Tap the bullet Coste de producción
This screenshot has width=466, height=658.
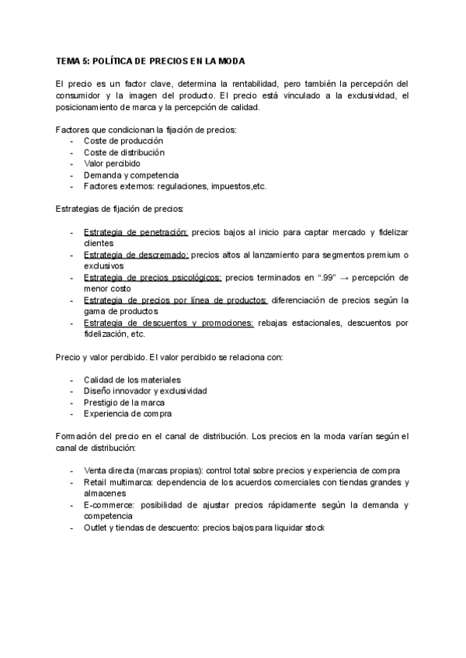tap(123, 141)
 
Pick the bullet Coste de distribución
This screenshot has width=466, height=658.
tap(123, 153)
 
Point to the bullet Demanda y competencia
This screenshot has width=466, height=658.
tap(130, 175)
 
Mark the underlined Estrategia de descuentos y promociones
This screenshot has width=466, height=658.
tap(169, 323)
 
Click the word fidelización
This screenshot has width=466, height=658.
tap(107, 334)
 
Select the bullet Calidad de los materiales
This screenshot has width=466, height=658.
tap(132, 380)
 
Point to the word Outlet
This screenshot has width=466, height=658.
tap(96, 528)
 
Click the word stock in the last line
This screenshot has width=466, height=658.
tap(314, 528)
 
